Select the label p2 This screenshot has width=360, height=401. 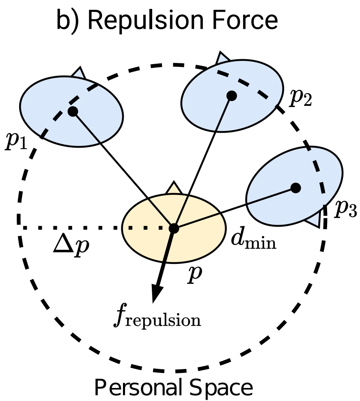pyautogui.click(x=300, y=98)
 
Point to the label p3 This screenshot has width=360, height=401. pyautogui.click(x=345, y=210)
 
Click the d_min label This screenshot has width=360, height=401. pyautogui.click(x=253, y=242)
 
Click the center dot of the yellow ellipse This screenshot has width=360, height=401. pyautogui.click(x=174, y=228)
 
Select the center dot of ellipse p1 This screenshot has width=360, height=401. pyautogui.click(x=73, y=112)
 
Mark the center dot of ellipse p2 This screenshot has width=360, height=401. pyautogui.click(x=232, y=96)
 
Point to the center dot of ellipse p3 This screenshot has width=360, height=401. pyautogui.click(x=296, y=188)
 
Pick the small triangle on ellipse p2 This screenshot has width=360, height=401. pyautogui.click(x=222, y=58)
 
